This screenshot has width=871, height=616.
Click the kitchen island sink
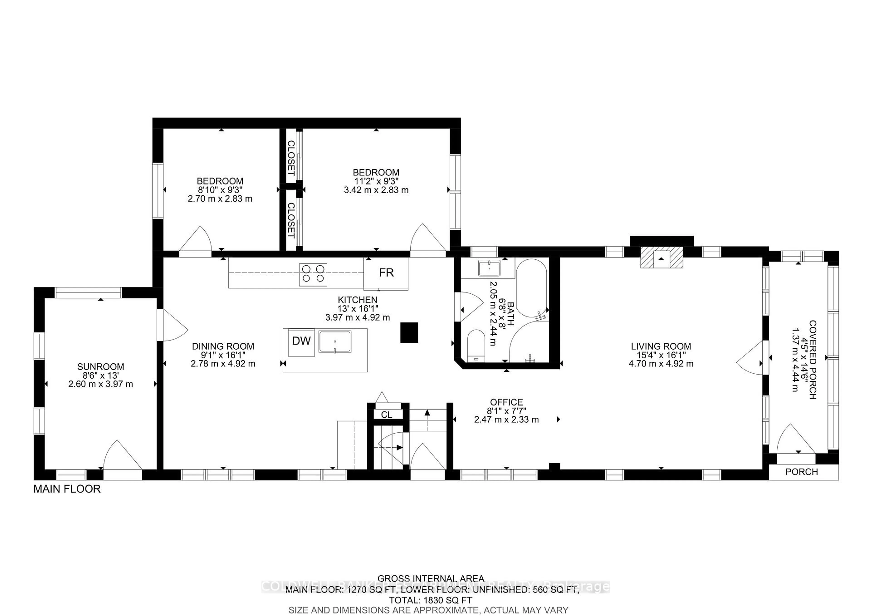tap(335, 342)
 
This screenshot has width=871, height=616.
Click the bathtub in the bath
tap(531, 288)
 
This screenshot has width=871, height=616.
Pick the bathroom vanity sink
tap(489, 268)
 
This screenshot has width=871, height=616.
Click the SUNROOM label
tap(100, 367)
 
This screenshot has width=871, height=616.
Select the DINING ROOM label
tap(223, 346)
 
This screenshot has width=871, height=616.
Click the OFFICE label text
tap(506, 402)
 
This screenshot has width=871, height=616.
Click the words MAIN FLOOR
tap(67, 489)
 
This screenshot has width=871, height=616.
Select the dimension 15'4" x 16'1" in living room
tap(661, 355)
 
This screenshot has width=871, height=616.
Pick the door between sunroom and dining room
tap(171, 325)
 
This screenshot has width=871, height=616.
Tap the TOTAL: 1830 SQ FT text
tap(430, 600)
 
